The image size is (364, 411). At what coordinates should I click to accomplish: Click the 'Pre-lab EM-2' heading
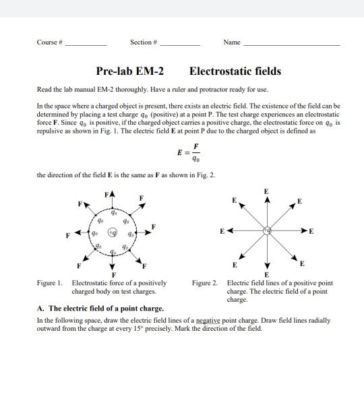[x=132, y=71]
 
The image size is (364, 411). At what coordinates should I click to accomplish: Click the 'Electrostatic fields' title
[x=235, y=71]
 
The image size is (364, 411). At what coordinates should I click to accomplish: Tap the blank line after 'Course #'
[x=86, y=44]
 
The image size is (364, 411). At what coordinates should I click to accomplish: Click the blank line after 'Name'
[x=291, y=44]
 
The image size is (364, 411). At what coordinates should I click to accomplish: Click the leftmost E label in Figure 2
[x=220, y=230]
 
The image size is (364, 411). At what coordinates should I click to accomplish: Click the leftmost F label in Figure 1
[x=67, y=236]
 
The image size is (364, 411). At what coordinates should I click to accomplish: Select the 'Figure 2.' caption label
[x=206, y=284]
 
